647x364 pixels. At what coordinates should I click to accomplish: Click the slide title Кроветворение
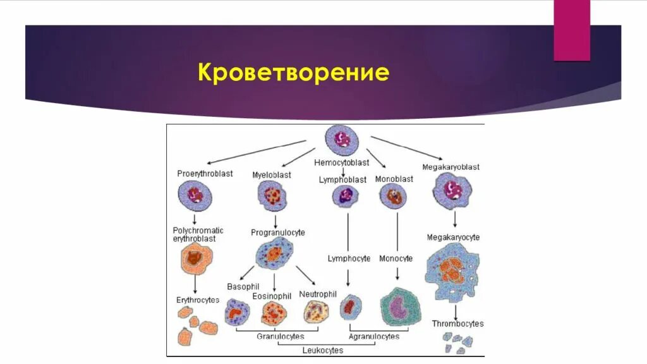click(294, 73)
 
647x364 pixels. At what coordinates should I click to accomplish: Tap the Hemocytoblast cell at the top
click(341, 140)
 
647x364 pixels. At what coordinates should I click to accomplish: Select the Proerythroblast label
click(205, 174)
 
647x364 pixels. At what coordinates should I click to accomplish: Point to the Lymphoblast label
click(342, 180)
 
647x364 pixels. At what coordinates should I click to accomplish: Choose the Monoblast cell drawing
click(393, 197)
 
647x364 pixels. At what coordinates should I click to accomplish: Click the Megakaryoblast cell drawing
click(452, 191)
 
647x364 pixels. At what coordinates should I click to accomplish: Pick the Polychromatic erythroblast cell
click(197, 258)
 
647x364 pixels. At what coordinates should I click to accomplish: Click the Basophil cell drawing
click(238, 312)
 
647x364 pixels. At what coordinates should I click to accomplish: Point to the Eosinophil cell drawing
click(274, 312)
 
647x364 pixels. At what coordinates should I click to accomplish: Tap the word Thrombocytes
click(457, 324)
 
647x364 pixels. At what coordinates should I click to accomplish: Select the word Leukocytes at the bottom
click(322, 350)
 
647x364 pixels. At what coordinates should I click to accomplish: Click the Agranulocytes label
click(373, 337)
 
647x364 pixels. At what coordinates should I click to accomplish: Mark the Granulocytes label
click(280, 337)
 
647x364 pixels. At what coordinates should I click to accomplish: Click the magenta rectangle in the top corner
click(572, 30)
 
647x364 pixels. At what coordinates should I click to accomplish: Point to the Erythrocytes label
click(197, 300)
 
